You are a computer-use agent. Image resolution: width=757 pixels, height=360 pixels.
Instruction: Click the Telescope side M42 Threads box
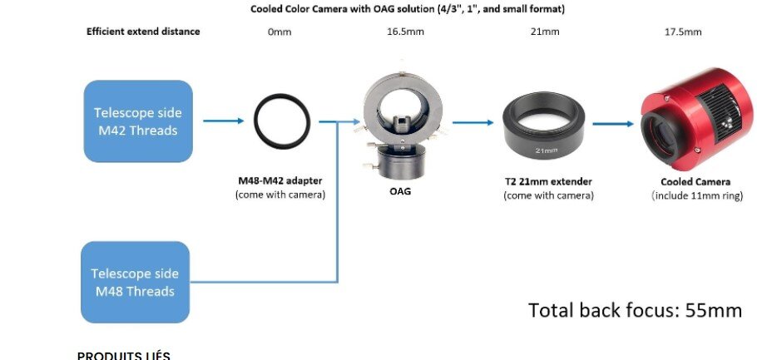coord(138,121)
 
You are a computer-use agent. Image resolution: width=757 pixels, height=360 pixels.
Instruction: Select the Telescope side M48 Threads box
coord(135,283)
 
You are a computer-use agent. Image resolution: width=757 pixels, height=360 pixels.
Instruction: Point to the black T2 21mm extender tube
coord(543,142)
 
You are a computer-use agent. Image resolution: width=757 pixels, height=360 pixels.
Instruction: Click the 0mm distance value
coord(280,32)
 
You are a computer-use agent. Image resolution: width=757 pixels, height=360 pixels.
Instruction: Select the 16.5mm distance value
coord(406,32)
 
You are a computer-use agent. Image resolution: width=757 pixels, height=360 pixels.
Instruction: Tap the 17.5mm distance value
coord(683,32)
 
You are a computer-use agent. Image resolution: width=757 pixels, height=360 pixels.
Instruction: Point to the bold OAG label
coord(400,191)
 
